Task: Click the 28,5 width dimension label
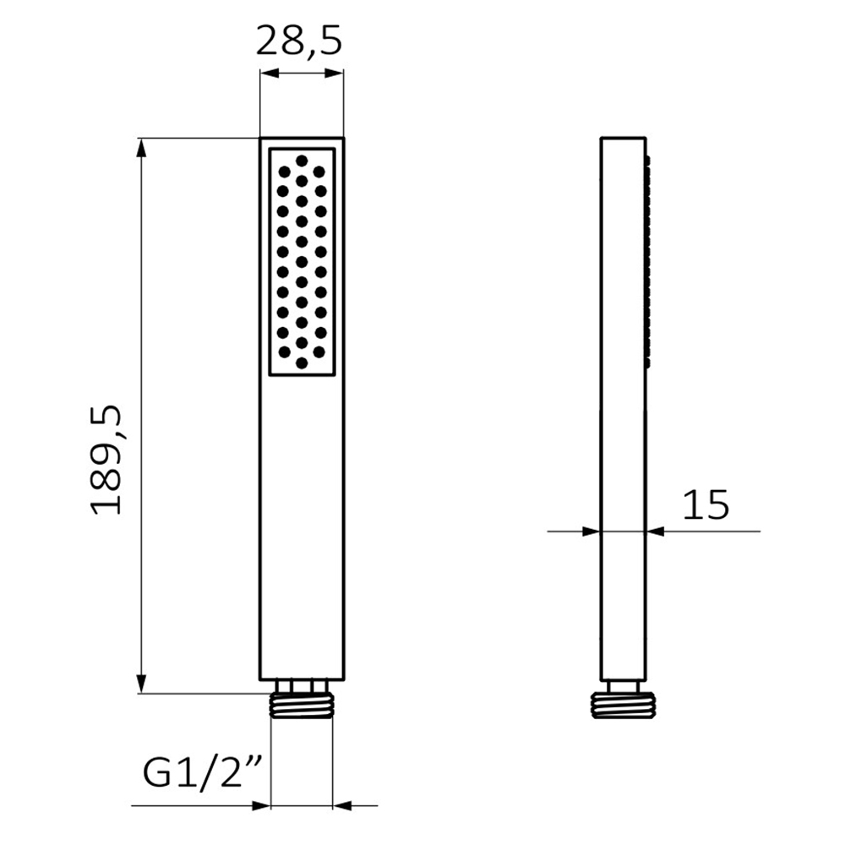(298, 41)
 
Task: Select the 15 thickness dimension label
(706, 505)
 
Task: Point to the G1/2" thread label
(203, 772)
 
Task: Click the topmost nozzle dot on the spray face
(302, 161)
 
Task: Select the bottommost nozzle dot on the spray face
(302, 363)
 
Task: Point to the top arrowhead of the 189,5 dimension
(142, 148)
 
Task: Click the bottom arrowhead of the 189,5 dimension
(142, 684)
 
